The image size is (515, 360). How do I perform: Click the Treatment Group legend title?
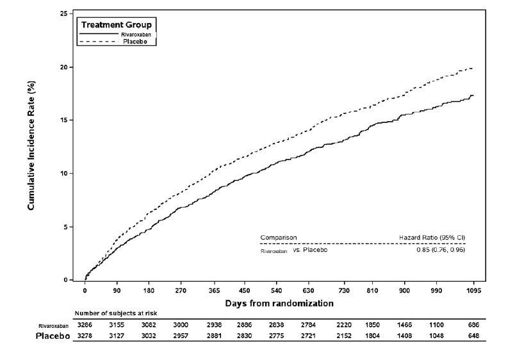pyautogui.click(x=115, y=24)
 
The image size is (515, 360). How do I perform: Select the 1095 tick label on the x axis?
pyautogui.click(x=473, y=290)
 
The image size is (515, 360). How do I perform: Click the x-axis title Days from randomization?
pyautogui.click(x=279, y=303)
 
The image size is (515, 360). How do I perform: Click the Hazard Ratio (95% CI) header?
pyautogui.click(x=431, y=237)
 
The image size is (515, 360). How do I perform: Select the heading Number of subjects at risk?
pyautogui.click(x=115, y=313)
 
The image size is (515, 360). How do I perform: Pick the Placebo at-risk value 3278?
pyautogui.click(x=85, y=336)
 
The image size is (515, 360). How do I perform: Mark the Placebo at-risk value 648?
pyautogui.click(x=473, y=336)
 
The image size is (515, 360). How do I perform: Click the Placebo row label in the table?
pyautogui.click(x=53, y=336)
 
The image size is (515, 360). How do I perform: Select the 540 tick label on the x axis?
pyautogui.click(x=277, y=290)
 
